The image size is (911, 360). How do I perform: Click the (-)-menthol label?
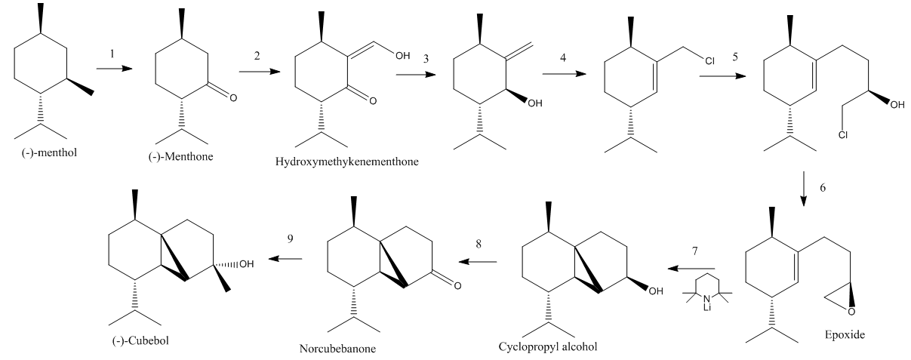tap(49, 153)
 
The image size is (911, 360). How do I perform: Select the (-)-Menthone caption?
tap(180, 157)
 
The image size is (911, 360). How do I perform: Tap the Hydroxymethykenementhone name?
tap(347, 162)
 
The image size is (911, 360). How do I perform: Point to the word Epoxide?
tap(845, 335)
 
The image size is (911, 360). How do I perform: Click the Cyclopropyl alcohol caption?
tap(548, 346)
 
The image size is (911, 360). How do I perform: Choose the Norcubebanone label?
tap(337, 349)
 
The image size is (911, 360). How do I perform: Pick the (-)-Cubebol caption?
tap(140, 340)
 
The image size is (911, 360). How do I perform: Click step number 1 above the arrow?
tap(112, 54)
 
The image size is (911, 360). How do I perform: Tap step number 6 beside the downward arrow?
tap(823, 187)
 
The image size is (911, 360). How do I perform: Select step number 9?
tap(290, 238)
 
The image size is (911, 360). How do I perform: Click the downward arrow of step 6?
tap(803, 189)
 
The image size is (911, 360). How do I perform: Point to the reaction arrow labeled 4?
tap(564, 74)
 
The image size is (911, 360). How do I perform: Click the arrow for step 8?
tap(478, 262)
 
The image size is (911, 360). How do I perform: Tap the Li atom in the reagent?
tap(707, 308)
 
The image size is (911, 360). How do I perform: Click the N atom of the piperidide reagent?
tap(707, 299)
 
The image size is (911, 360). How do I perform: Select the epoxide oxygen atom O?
tap(851, 312)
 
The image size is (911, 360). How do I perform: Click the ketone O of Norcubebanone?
tap(457, 286)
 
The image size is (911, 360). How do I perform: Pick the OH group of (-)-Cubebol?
tap(247, 264)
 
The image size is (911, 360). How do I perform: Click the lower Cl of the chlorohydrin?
tap(843, 134)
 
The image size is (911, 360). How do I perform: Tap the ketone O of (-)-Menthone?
tap(233, 98)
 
